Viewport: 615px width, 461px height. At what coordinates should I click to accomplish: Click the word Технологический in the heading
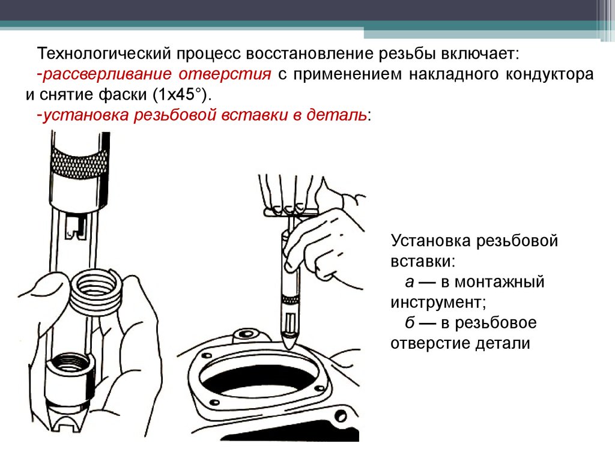pos(104,53)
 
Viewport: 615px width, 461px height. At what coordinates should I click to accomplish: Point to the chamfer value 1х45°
pos(180,94)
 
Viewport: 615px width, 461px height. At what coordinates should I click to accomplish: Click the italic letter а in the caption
pos(410,282)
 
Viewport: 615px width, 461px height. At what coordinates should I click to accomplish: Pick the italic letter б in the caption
pos(410,322)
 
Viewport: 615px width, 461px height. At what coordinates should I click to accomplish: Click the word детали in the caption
pos(503,343)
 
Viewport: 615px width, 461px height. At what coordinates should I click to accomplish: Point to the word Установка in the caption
pos(431,241)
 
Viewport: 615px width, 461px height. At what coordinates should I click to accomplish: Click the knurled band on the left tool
pos(80,162)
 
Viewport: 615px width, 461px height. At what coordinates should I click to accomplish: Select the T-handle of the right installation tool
pos(291,212)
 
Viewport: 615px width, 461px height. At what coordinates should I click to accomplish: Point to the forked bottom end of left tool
pos(67,419)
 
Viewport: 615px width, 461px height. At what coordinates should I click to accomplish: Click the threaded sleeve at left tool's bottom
pos(69,377)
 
